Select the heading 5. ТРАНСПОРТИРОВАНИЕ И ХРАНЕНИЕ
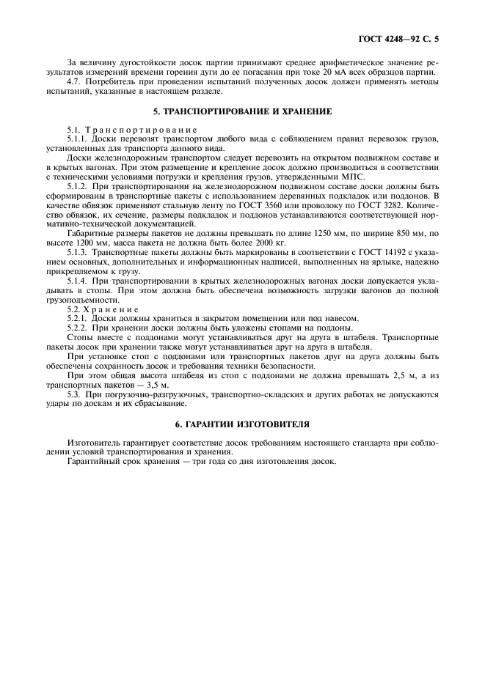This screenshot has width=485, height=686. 242,112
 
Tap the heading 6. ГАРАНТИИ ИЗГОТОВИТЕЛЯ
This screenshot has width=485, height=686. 242,424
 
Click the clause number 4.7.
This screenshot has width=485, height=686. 74,81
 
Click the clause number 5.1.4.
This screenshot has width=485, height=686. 77,281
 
